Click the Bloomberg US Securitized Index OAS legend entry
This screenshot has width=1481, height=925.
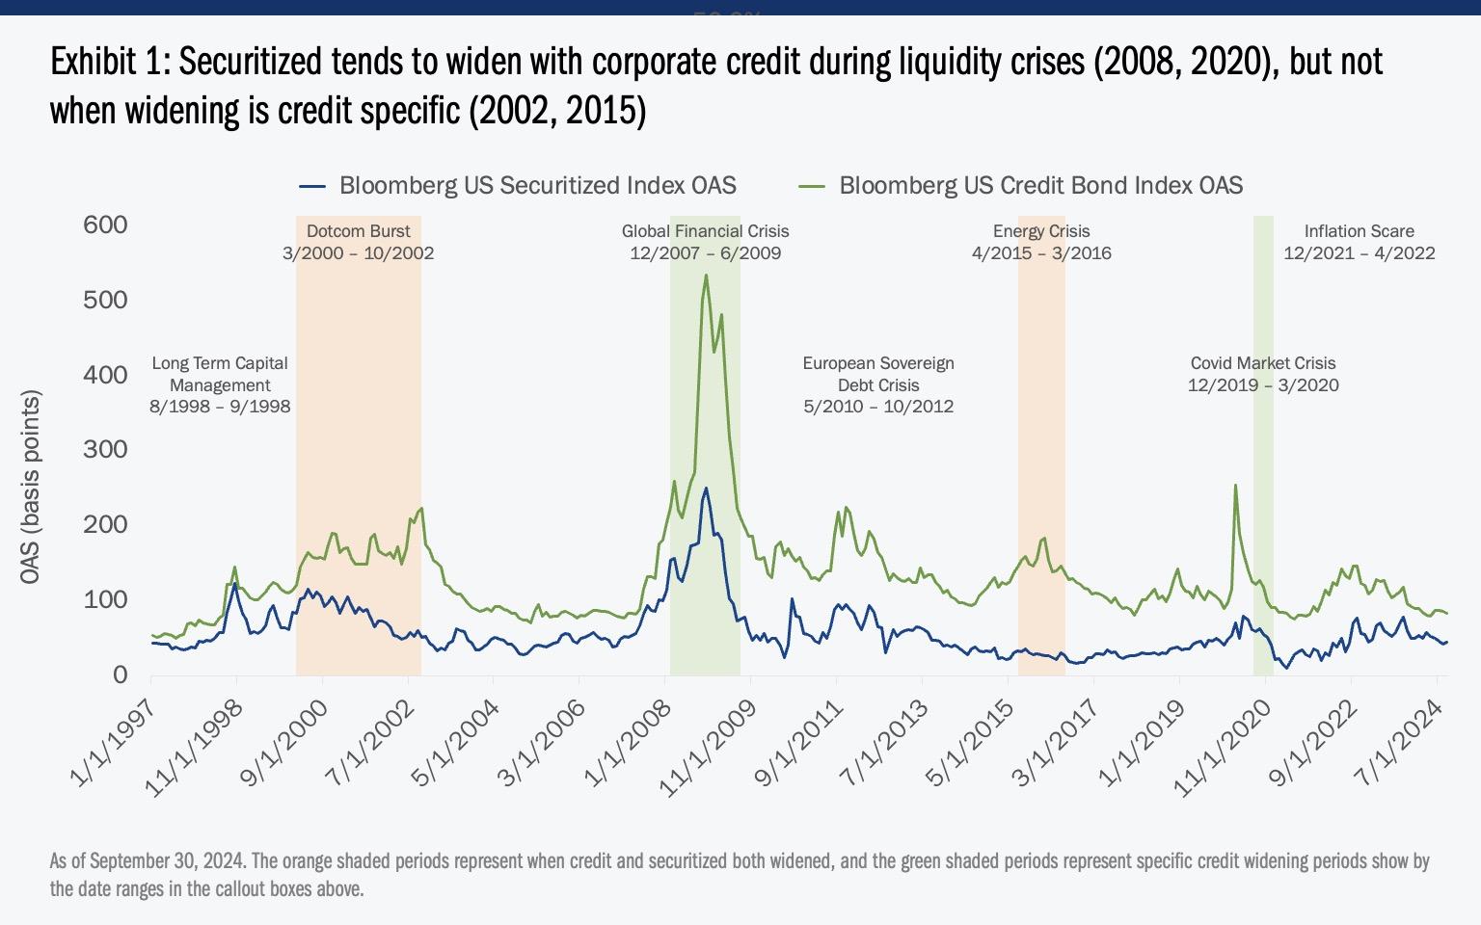537,185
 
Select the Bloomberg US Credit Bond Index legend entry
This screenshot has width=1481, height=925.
1040,185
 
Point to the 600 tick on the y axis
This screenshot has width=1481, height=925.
106,225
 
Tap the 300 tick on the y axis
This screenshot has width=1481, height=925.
106,449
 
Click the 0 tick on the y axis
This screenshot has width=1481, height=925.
120,674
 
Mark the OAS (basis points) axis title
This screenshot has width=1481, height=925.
31,487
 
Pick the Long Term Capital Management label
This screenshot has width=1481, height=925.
220,384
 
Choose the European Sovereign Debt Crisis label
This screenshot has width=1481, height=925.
878,384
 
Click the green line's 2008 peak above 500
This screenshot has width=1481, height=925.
706,276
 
